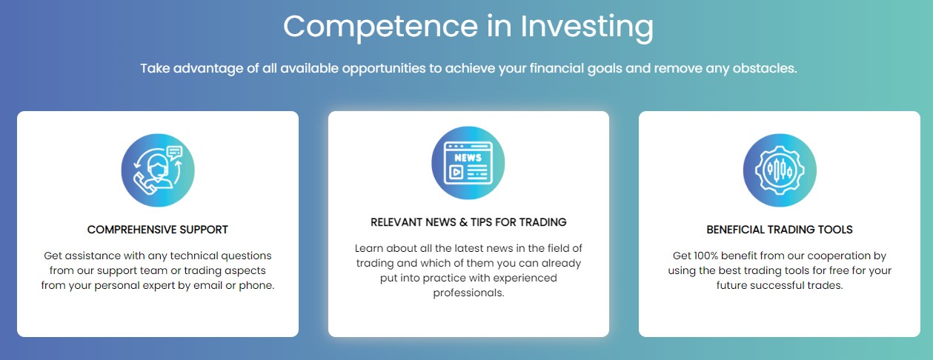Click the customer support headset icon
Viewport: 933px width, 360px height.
coord(158,170)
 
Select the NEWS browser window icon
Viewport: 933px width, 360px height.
coord(468,163)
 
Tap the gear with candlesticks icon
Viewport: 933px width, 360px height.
coord(780,170)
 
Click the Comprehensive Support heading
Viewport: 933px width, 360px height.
coord(158,230)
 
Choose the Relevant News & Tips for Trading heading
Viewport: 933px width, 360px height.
coord(468,222)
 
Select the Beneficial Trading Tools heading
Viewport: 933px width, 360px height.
coord(780,230)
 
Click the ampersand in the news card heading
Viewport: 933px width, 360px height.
coord(464,222)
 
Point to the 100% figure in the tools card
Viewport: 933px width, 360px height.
coord(705,256)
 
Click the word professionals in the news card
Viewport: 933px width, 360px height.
coord(468,293)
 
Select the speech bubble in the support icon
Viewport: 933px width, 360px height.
coord(175,153)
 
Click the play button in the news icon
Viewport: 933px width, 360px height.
coord(456,172)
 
